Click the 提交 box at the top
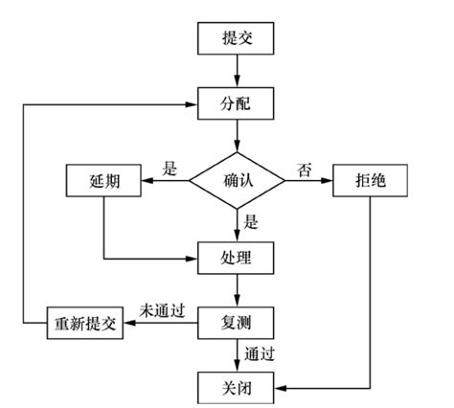236,38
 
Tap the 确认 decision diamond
236,179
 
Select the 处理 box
236,259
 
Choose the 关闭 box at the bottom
236,386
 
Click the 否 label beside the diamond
305,170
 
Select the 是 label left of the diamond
170,170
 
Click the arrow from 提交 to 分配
236,69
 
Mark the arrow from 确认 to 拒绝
308,180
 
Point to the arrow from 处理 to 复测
236,289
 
